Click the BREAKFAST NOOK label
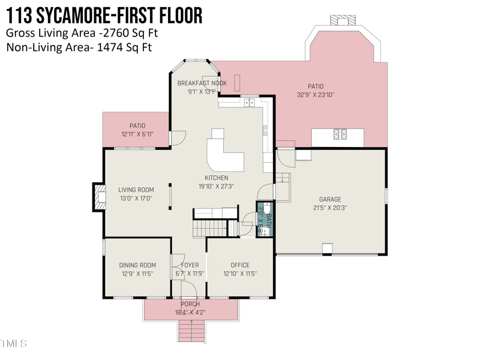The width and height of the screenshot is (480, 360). pyautogui.click(x=202, y=83)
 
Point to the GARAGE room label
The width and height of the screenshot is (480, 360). pyautogui.click(x=329, y=199)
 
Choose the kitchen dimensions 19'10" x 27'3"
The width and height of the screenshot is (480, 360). pyautogui.click(x=216, y=187)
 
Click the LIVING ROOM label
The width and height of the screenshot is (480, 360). pyautogui.click(x=136, y=190)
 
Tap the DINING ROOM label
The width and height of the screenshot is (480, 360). pyautogui.click(x=137, y=265)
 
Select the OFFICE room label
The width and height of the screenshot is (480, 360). pyautogui.click(x=240, y=265)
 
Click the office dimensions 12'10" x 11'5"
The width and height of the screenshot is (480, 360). pyautogui.click(x=240, y=274)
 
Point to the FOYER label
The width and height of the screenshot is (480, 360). pyautogui.click(x=190, y=265)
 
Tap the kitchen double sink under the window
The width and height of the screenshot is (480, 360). pyautogui.click(x=250, y=103)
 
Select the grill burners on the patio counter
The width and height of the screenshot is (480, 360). pyautogui.click(x=340, y=134)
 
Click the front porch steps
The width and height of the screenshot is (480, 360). pyautogui.click(x=192, y=331)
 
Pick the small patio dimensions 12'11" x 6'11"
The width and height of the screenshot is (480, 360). pyautogui.click(x=137, y=134)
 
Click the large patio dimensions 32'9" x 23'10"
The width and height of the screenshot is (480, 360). pyautogui.click(x=316, y=95)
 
